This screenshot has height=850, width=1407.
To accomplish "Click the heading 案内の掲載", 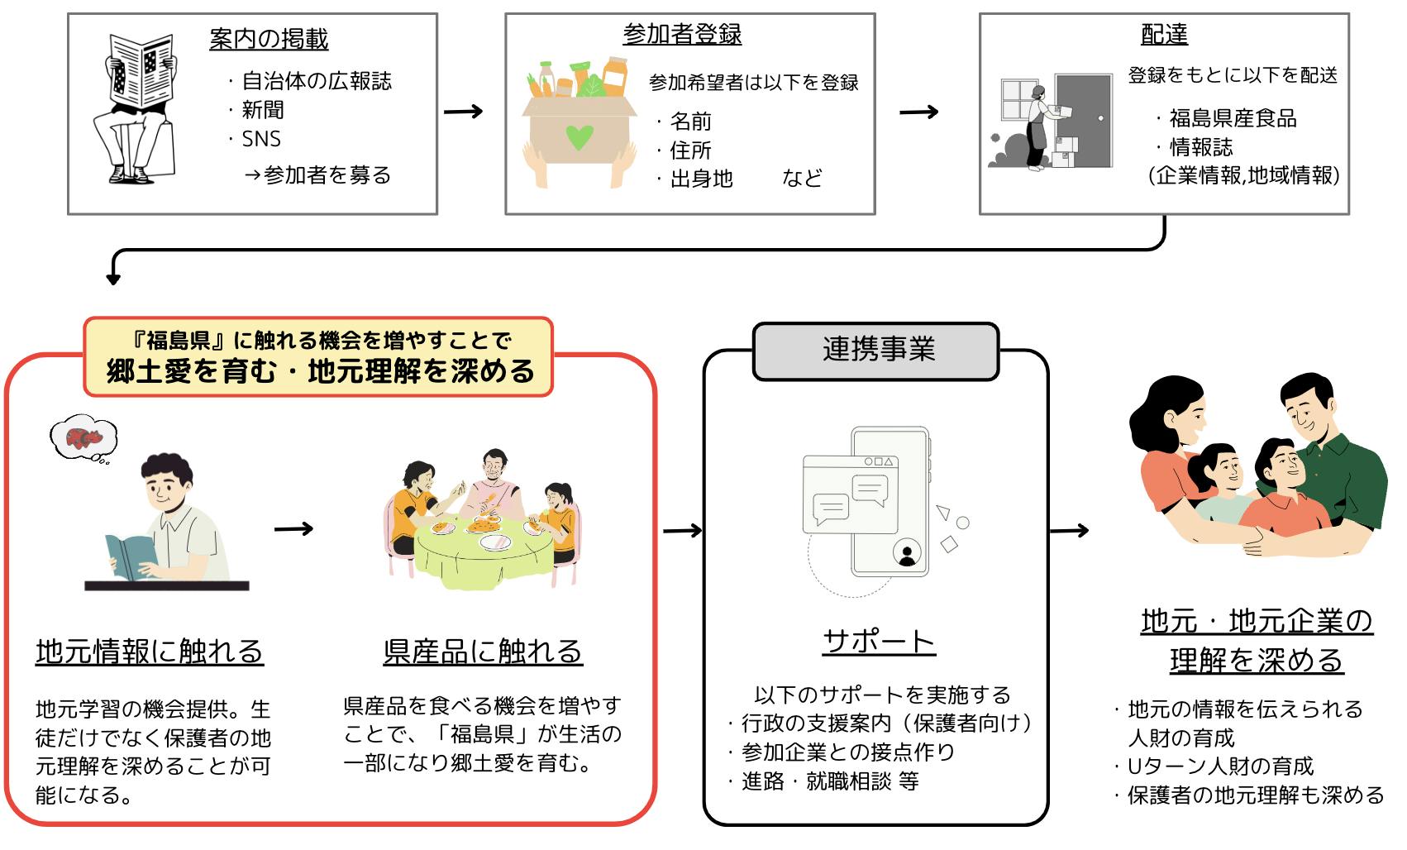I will tap(269, 39).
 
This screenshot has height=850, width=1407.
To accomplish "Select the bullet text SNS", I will tap(261, 139).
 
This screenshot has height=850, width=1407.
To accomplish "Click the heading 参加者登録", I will tap(682, 35).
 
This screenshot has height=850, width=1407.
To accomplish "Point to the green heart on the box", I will tap(579, 136).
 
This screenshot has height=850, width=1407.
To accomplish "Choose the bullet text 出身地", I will tap(701, 179).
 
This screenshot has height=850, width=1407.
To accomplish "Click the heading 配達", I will tap(1164, 35).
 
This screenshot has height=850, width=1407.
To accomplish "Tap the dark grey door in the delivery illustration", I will tap(1085, 120).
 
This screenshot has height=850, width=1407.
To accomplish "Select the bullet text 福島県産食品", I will tap(1233, 118).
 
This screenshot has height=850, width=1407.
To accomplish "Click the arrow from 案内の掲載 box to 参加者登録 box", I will tap(463, 111).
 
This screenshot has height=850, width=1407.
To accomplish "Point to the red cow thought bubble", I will tap(83, 438).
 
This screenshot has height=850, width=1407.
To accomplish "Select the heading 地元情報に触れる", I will tap(150, 652).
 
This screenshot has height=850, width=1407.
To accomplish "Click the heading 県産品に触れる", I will tap(483, 652).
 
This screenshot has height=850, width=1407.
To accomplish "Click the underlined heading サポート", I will tap(879, 642).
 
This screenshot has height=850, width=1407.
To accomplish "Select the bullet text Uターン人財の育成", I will tap(1220, 766).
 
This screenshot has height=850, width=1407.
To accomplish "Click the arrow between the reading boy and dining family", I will tap(294, 528).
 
